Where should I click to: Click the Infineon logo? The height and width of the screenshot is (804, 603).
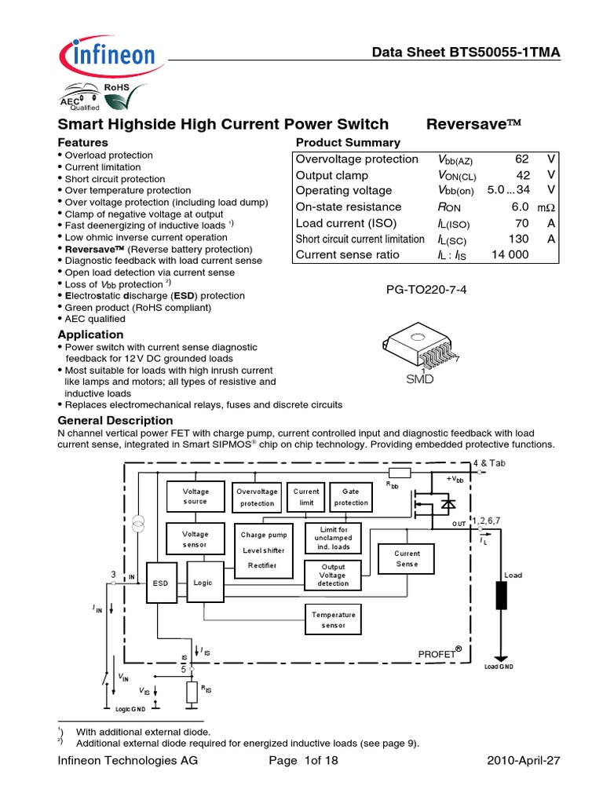click(x=105, y=57)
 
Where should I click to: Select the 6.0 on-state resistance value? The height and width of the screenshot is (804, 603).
click(x=521, y=207)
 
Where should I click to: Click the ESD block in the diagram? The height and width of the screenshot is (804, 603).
click(x=161, y=583)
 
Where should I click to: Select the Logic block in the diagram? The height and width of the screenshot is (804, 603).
click(x=203, y=583)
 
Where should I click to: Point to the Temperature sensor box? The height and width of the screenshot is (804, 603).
click(x=333, y=620)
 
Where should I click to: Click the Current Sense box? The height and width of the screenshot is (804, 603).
click(x=407, y=559)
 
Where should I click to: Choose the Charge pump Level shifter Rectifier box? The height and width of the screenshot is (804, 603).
click(x=264, y=550)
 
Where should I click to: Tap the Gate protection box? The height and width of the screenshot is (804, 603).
click(x=350, y=497)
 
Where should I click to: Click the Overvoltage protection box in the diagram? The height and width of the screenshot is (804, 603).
click(x=258, y=497)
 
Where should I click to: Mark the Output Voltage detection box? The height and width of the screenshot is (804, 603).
click(x=333, y=575)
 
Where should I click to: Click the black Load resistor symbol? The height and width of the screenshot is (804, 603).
click(x=500, y=595)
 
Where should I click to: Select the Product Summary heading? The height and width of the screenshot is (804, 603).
click(x=347, y=142)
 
